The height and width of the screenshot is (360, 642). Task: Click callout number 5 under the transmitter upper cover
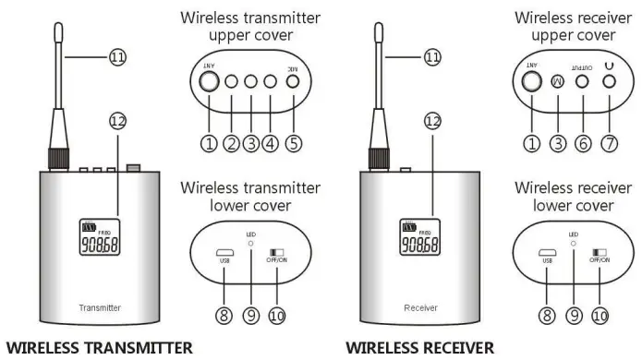[293, 143]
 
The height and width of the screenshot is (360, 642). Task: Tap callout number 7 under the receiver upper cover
[610, 143]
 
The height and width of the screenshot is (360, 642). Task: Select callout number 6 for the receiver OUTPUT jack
[583, 143]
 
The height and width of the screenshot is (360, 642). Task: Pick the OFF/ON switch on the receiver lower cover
[600, 251]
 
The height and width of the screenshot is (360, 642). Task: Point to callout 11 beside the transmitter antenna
[116, 57]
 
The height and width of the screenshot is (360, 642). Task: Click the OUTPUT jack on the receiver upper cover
[583, 81]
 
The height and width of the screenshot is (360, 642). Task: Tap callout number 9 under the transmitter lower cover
[250, 315]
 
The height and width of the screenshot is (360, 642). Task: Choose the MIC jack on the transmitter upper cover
[292, 81]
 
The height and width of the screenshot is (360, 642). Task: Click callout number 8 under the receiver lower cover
[546, 315]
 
